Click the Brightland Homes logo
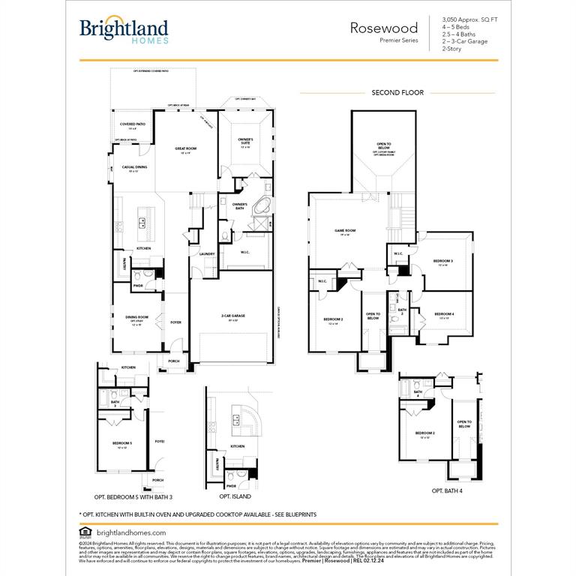tap(124, 31)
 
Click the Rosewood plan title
tap(384, 28)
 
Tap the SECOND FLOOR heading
tap(397, 93)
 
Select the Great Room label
tap(186, 149)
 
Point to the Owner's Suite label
tap(246, 141)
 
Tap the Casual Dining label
tap(134, 168)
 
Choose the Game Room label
tap(345, 231)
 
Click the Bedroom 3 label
tap(442, 262)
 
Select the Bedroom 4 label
tap(443, 314)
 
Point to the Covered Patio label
tap(133, 124)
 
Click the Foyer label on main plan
tap(175, 322)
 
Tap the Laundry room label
tap(207, 254)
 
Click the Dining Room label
tap(137, 318)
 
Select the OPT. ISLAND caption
tap(235, 496)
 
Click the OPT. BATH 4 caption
tap(447, 490)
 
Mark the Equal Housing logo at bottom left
tap(83, 532)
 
